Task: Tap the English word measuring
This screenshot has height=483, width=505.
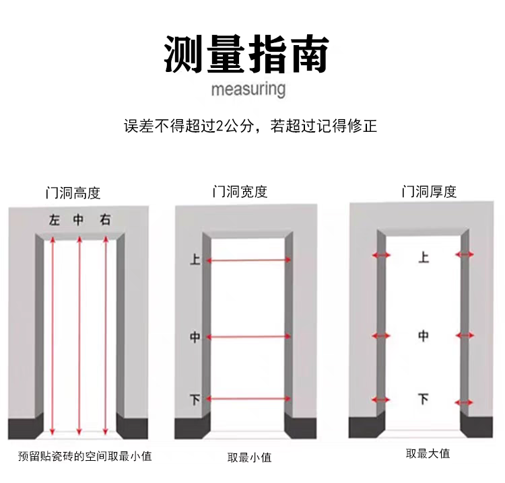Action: point(248,89)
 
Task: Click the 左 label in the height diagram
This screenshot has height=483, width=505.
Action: point(54,219)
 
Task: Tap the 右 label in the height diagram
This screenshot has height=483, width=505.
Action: point(105,219)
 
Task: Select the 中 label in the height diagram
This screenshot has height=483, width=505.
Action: point(79,219)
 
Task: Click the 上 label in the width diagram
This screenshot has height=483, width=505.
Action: point(195,259)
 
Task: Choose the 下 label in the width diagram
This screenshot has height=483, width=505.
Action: point(195,400)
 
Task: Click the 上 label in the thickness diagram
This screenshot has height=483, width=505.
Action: point(423,257)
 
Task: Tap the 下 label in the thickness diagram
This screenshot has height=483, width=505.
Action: point(423,399)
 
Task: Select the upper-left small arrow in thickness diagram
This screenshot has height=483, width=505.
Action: point(382,255)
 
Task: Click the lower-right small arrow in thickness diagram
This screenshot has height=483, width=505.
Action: point(465,399)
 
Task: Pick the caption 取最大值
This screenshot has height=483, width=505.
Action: point(428,453)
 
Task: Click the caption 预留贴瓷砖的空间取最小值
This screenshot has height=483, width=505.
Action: point(85,456)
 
